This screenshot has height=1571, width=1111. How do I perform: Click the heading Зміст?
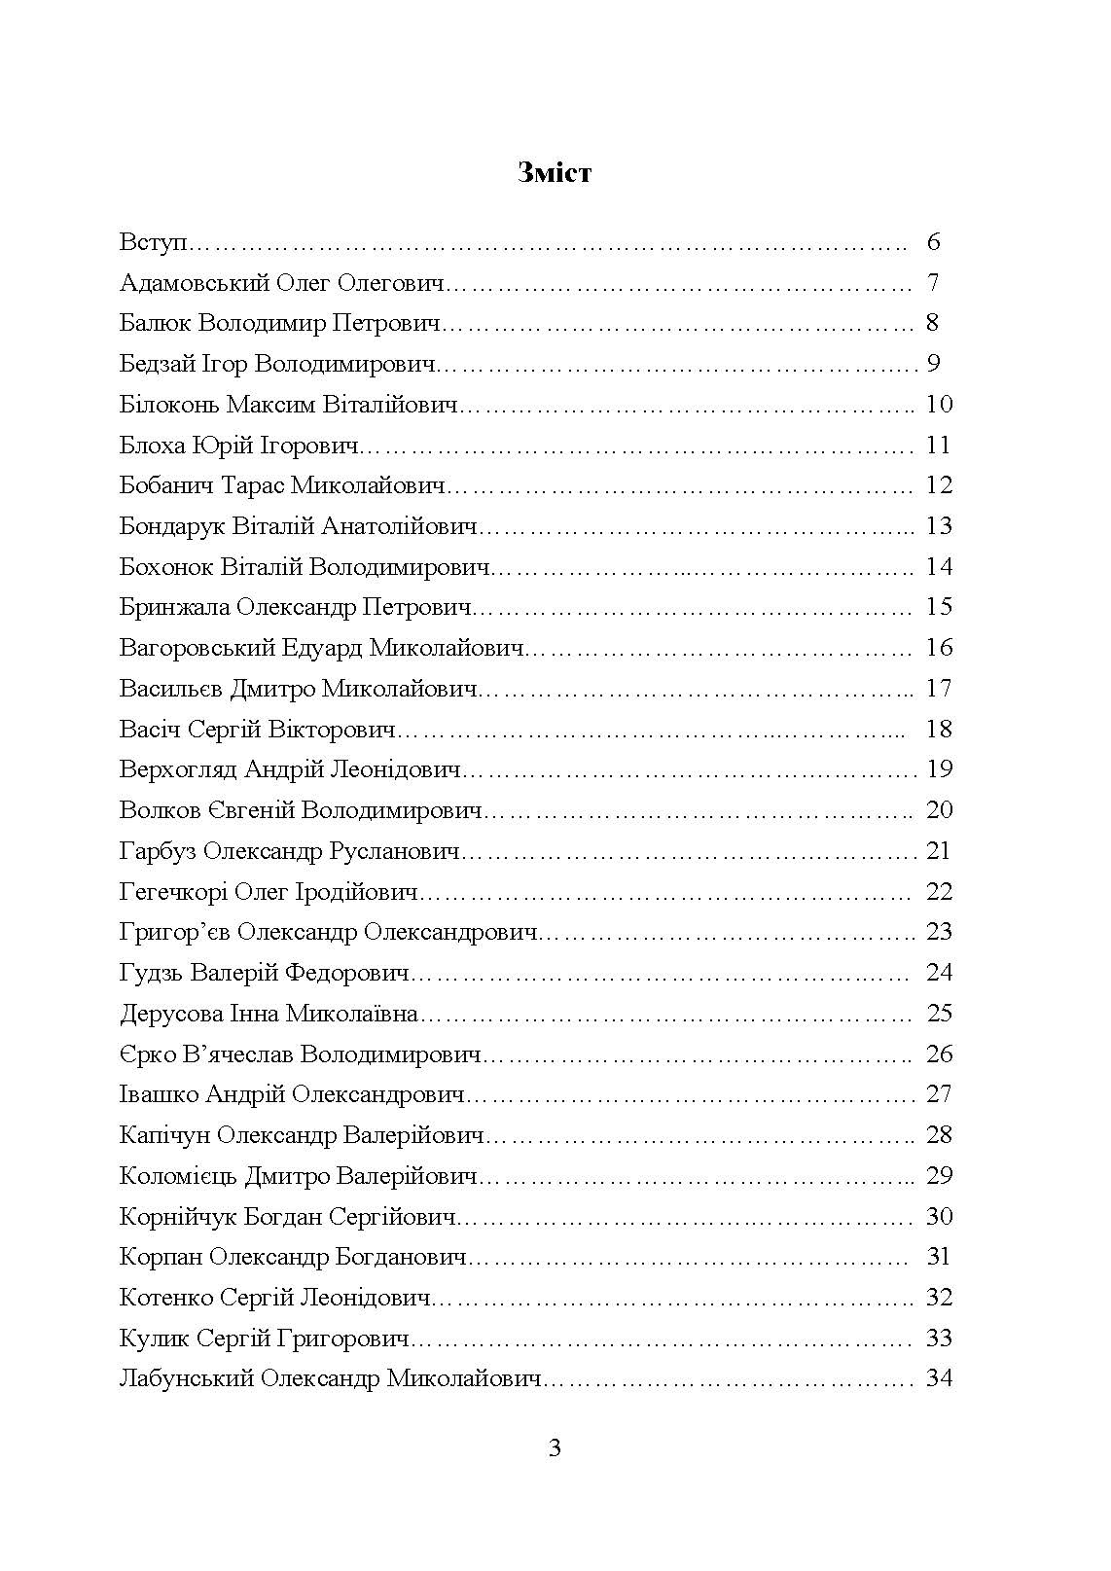pyautogui.click(x=555, y=173)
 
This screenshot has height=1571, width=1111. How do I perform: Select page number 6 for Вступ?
pyautogui.click(x=934, y=242)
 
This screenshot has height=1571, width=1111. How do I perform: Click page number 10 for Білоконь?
pyautogui.click(x=939, y=405)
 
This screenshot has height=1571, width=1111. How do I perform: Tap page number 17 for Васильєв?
pyautogui.click(x=939, y=689)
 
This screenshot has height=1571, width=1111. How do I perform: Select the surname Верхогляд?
pyautogui.click(x=178, y=769)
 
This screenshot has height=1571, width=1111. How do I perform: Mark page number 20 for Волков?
pyautogui.click(x=939, y=810)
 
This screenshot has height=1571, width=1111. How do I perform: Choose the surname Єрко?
pyautogui.click(x=148, y=1054)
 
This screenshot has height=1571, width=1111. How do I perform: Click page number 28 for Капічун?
pyautogui.click(x=939, y=1135)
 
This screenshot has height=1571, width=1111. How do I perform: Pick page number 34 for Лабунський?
pyautogui.click(x=939, y=1378)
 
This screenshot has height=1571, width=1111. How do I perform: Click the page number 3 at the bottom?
pyautogui.click(x=555, y=1448)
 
